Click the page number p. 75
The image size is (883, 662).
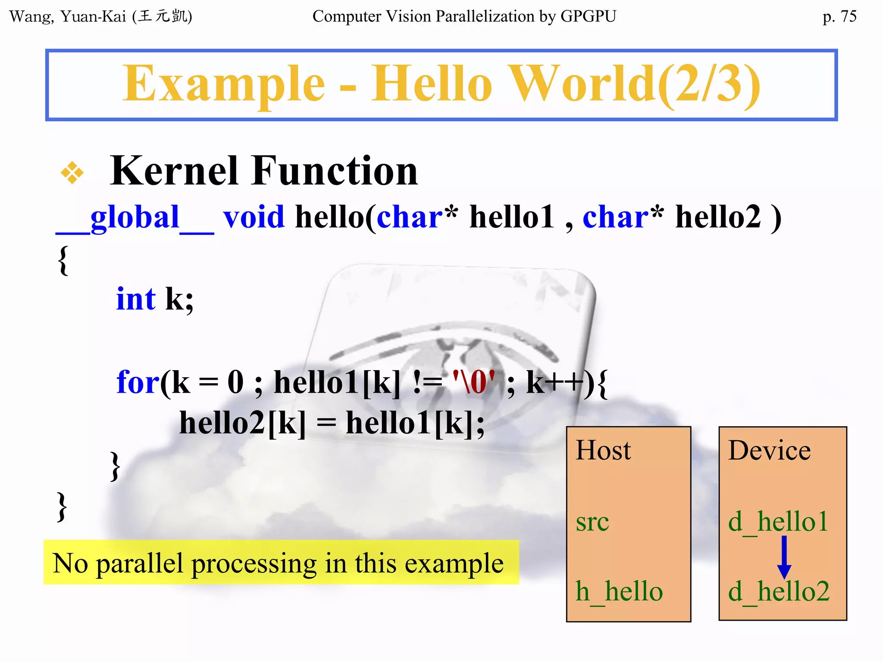pyautogui.click(x=839, y=16)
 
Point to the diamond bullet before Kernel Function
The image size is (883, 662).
pyautogui.click(x=72, y=173)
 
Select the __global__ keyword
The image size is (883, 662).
pyautogui.click(x=135, y=218)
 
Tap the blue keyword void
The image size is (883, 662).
pyautogui.click(x=254, y=217)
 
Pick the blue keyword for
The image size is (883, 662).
pyautogui.click(x=138, y=382)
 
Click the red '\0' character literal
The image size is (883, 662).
pyautogui.click(x=474, y=382)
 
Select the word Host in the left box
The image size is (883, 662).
pyautogui.click(x=603, y=450)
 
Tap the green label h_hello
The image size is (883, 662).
pyautogui.click(x=619, y=591)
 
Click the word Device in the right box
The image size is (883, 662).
pyautogui.click(x=769, y=450)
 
